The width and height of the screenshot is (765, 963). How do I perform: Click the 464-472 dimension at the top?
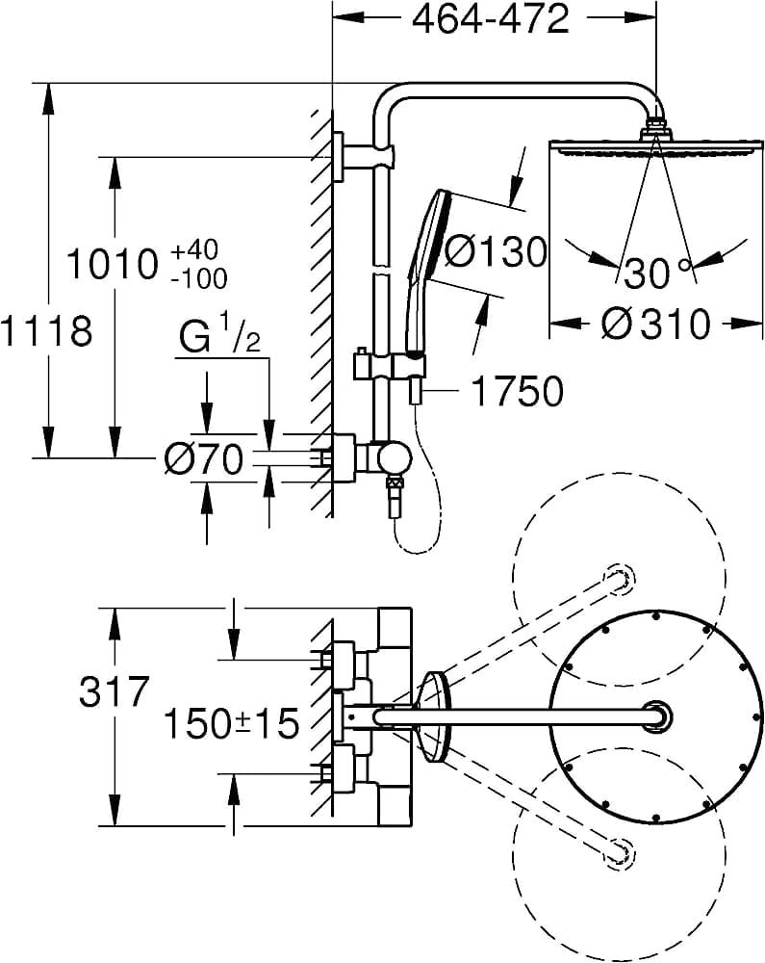pos(491,19)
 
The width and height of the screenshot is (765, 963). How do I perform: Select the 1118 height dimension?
pos(46,331)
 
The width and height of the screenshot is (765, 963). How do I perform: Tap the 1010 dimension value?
pos(111,264)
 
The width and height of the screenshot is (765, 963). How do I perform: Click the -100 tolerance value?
pos(198,279)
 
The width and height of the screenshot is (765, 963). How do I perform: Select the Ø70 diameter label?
pos(203,461)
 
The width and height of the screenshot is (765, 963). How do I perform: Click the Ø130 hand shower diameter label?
pos(496,252)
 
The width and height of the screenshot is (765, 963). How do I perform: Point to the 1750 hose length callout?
pos(516,391)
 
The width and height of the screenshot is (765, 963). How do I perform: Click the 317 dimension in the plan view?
pos(114,692)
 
